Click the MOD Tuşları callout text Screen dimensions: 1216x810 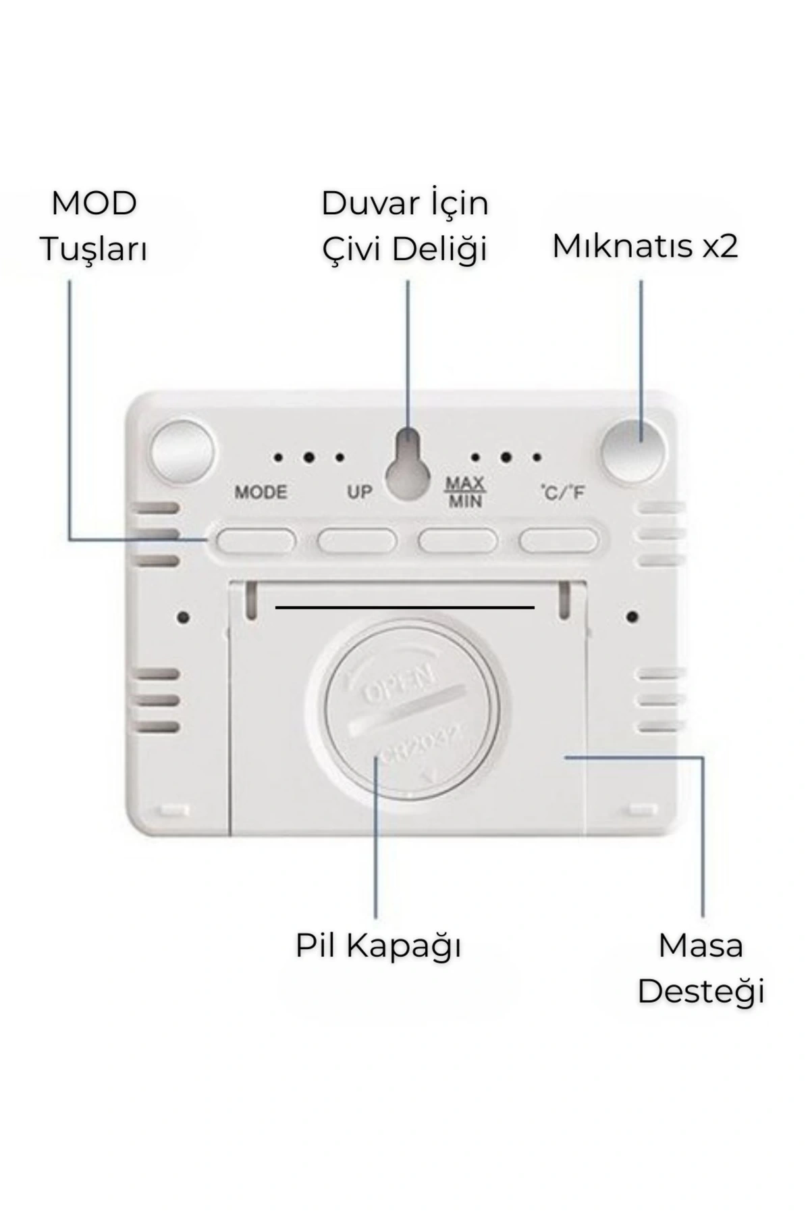pos(94,226)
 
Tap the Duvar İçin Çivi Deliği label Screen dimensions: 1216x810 pos(405,226)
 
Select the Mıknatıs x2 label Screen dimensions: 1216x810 pos(645,246)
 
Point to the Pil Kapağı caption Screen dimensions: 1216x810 pos(378,946)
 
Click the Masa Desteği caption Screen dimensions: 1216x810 pos(701,969)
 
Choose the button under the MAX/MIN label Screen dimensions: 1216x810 pos(458,541)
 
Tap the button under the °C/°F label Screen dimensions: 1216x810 pos(559,541)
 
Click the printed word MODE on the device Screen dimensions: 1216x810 pos(261,492)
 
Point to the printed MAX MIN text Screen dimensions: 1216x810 pos(465,492)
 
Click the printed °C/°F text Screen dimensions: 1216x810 pos(562,492)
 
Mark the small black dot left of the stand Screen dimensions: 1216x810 pos(183,617)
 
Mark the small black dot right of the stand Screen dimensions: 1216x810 pos(632,617)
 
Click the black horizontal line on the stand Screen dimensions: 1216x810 pos(405,607)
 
